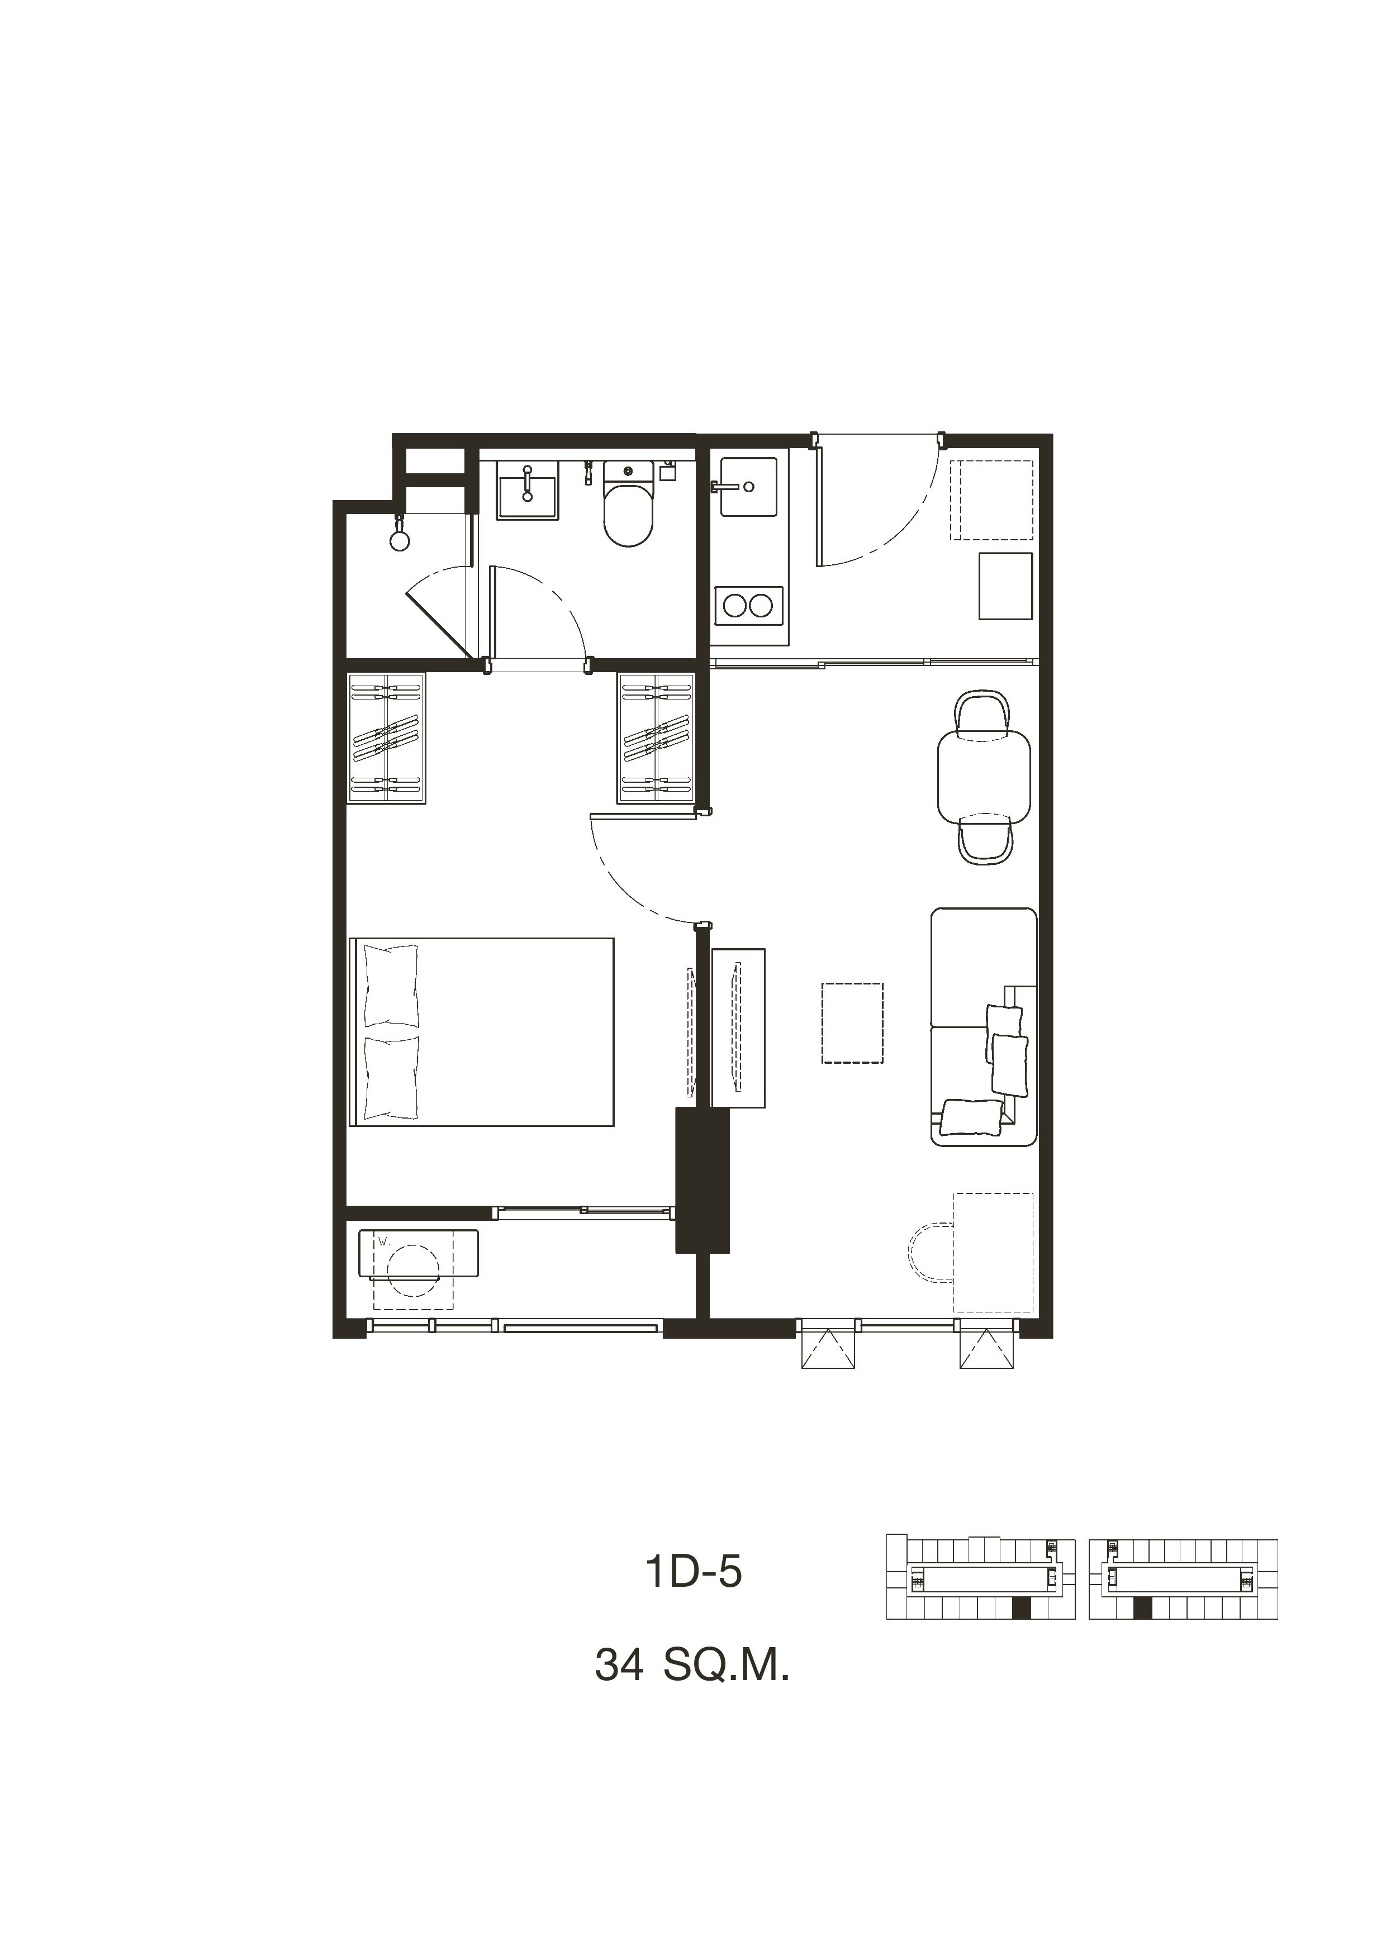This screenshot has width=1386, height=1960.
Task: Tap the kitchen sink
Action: click(748, 487)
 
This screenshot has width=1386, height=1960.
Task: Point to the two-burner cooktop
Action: click(748, 605)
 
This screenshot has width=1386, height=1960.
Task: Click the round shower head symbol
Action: click(399, 540)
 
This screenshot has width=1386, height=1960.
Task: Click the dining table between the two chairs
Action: click(984, 777)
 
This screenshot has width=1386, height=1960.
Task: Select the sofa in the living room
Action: click(984, 1027)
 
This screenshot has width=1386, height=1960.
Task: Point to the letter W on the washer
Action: click(383, 1242)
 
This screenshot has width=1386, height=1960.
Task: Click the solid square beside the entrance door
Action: click(1006, 586)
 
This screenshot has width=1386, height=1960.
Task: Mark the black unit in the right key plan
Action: click(1143, 1609)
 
